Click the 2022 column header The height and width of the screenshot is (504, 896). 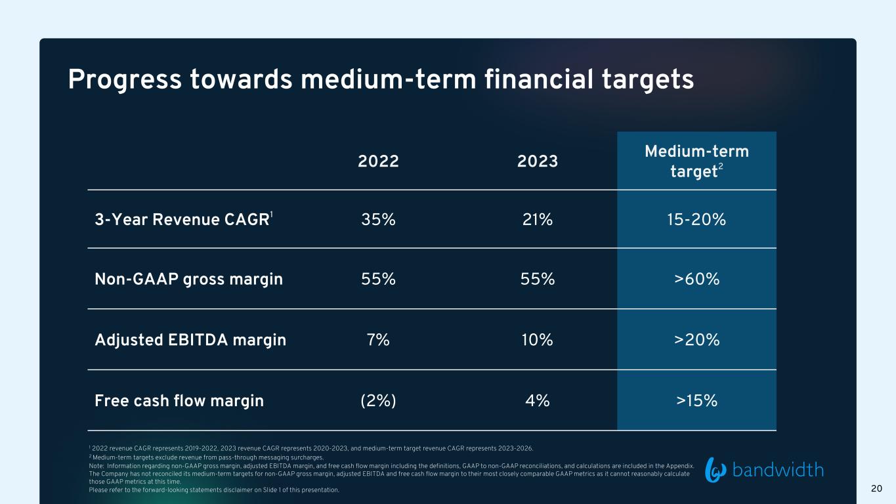click(x=378, y=161)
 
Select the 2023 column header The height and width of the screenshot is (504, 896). click(x=537, y=161)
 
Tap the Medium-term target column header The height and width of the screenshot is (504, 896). click(x=696, y=161)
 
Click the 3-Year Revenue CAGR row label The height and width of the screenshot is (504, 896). click(x=184, y=219)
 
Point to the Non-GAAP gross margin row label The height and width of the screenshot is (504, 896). click(x=188, y=279)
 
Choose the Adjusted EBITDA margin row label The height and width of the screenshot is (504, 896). click(x=190, y=340)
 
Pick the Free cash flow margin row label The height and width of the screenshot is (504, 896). click(x=179, y=401)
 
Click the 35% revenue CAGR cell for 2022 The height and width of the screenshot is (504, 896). click(x=378, y=220)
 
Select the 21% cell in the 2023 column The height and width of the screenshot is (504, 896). click(x=537, y=220)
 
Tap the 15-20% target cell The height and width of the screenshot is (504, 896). click(x=696, y=220)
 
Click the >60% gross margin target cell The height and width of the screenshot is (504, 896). click(x=696, y=279)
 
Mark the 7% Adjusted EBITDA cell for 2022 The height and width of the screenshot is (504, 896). click(x=378, y=340)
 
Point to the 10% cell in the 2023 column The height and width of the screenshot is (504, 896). click(x=537, y=340)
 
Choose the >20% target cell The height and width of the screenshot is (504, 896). click(x=696, y=340)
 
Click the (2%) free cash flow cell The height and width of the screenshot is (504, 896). click(x=378, y=401)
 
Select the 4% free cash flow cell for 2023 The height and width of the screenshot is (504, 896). click(x=537, y=401)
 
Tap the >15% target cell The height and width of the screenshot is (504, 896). click(x=696, y=401)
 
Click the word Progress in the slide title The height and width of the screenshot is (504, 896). click(x=125, y=80)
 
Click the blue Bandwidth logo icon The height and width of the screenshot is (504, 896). click(x=715, y=470)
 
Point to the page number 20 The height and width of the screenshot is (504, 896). click(x=876, y=488)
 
